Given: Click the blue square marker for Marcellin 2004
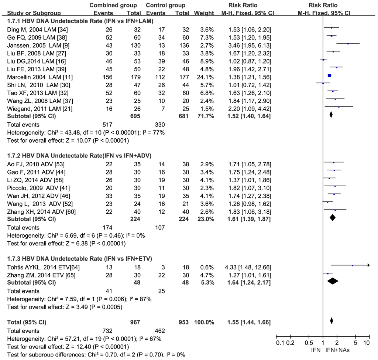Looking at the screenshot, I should (x=329, y=75).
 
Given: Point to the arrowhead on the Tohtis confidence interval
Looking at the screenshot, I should (x=368, y=265).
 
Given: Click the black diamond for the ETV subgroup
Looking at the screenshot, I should (x=333, y=281).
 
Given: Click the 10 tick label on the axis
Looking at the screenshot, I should (x=367, y=343).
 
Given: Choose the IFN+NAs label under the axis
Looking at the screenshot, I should (x=338, y=350).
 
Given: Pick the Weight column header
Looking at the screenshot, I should (x=204, y=13).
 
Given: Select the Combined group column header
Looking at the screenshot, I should (x=113, y=6).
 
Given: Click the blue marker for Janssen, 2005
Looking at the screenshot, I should (x=348, y=44).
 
